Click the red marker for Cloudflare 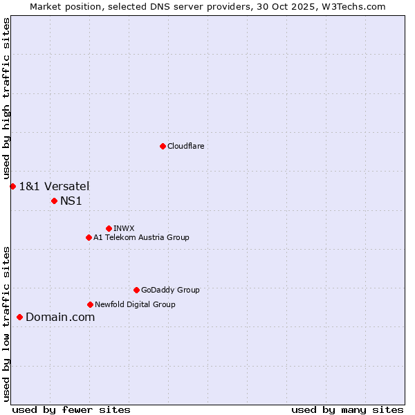pyautogui.click(x=163, y=146)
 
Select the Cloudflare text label pyautogui.click(x=185, y=146)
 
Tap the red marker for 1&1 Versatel pyautogui.click(x=12, y=186)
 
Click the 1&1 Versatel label pyautogui.click(x=54, y=186)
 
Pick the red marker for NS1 pyautogui.click(x=54, y=201)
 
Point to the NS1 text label pyautogui.click(x=71, y=201)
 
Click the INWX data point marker pyautogui.click(x=109, y=228)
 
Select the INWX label pyautogui.click(x=124, y=228)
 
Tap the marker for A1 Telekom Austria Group pyautogui.click(x=89, y=237)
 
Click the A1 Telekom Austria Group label pyautogui.click(x=141, y=237)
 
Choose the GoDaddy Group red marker pyautogui.click(x=136, y=290)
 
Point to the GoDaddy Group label pyautogui.click(x=170, y=290)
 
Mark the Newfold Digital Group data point pyautogui.click(x=90, y=304)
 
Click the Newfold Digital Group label pyautogui.click(x=135, y=304)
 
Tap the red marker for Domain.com pyautogui.click(x=19, y=317)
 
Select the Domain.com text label pyautogui.click(x=60, y=317)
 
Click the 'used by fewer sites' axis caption pyautogui.click(x=71, y=409)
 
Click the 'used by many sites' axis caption pyautogui.click(x=347, y=409)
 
